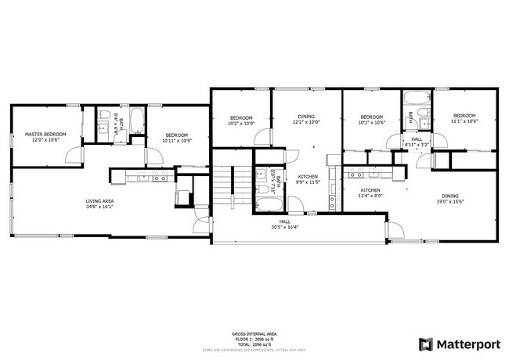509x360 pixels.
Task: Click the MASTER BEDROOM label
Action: pyautogui.click(x=45, y=135)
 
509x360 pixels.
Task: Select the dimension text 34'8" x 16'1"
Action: pyautogui.click(x=100, y=207)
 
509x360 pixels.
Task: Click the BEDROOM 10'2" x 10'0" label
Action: pyautogui.click(x=241, y=120)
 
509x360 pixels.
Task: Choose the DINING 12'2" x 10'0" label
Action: pyautogui.click(x=307, y=120)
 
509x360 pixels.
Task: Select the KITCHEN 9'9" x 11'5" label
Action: pyautogui.click(x=309, y=180)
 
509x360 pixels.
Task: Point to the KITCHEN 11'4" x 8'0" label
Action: pyautogui.click(x=370, y=193)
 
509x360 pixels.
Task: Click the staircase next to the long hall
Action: pyautogui.click(x=226, y=188)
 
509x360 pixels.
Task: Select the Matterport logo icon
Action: pyautogui.click(x=426, y=344)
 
